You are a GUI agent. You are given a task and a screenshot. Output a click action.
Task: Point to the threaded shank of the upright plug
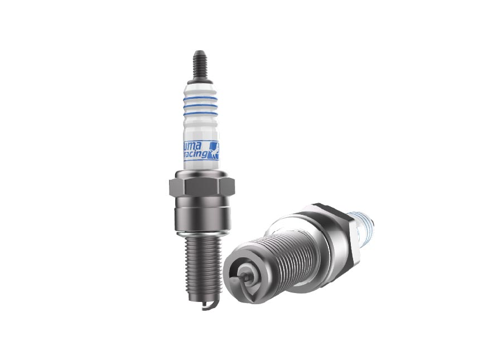[198, 262]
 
